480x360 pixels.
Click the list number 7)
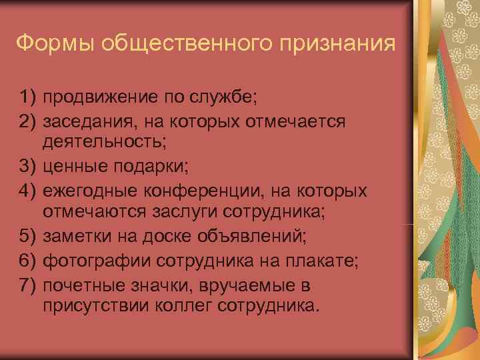pos(29,285)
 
